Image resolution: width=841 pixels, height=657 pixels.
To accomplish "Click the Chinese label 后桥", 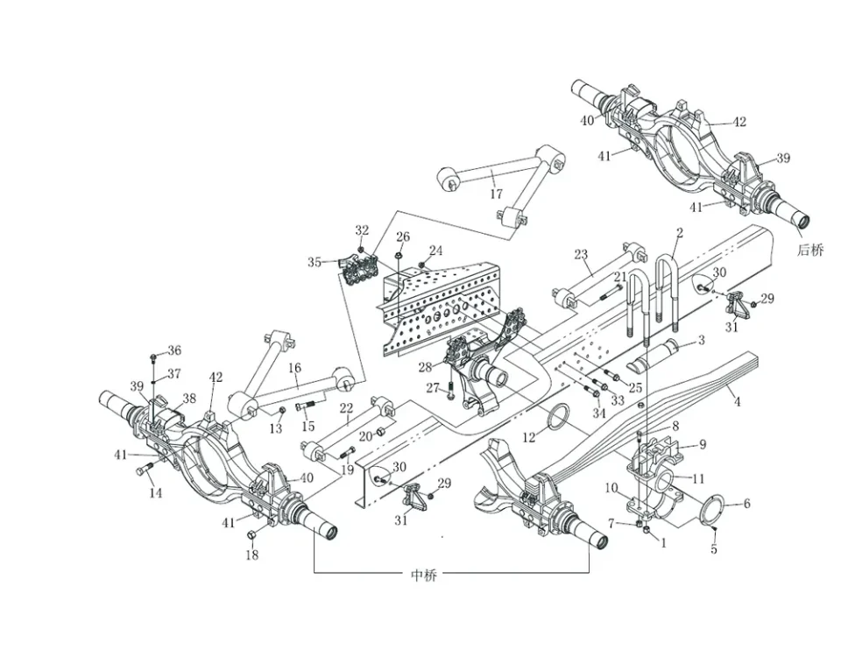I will pos(810,250).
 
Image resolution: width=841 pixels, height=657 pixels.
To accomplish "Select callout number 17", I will pos(496,194).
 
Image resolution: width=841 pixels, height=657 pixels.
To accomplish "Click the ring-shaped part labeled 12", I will pos(559,419).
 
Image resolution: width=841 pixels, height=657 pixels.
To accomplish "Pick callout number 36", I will pos(174,351).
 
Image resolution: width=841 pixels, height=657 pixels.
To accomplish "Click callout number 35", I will pos(314,261).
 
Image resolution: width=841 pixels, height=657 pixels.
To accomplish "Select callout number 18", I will pos(251,555).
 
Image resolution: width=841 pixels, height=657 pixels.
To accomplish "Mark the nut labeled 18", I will pos(252,535).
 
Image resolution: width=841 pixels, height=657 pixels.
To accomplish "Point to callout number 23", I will pos(580,255).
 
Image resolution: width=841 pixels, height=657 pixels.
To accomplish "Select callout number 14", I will pos(155,493).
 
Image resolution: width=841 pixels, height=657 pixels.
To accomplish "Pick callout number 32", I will pos(362,230).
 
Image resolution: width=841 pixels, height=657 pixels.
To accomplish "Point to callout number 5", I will pos(713,550).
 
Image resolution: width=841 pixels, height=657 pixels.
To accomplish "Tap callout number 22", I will pos(347,409).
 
